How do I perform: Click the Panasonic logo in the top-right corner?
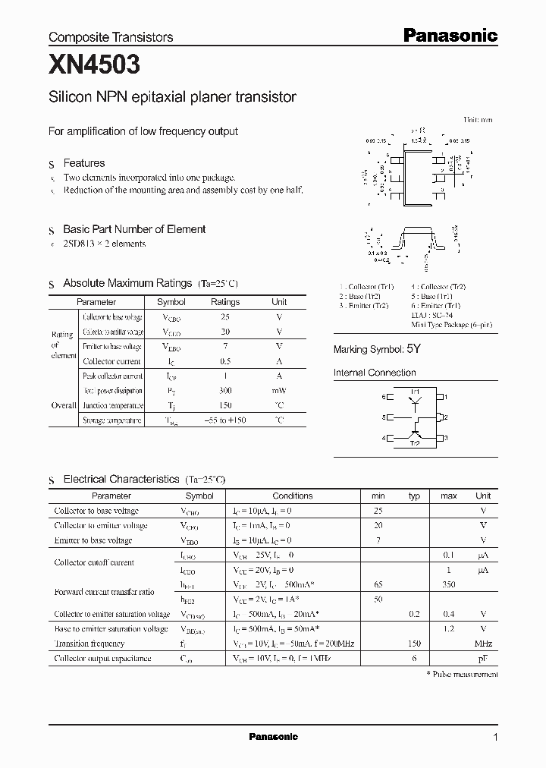(x=449, y=35)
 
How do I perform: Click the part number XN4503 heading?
(x=94, y=66)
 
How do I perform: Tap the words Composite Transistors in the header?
(x=111, y=36)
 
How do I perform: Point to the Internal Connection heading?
(x=375, y=373)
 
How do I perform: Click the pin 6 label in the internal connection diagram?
(x=384, y=397)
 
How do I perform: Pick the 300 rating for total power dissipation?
(x=225, y=391)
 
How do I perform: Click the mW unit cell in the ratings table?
(x=279, y=391)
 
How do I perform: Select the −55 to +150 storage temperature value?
(x=225, y=420)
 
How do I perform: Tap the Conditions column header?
(x=293, y=496)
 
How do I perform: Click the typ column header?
(x=414, y=496)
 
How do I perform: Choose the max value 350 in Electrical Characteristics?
(x=449, y=585)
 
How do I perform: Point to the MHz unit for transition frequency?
(x=483, y=644)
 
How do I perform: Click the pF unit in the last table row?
(x=483, y=659)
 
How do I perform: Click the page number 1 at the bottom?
(x=495, y=737)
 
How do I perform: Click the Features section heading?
(x=83, y=163)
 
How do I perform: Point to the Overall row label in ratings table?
(x=64, y=405)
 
